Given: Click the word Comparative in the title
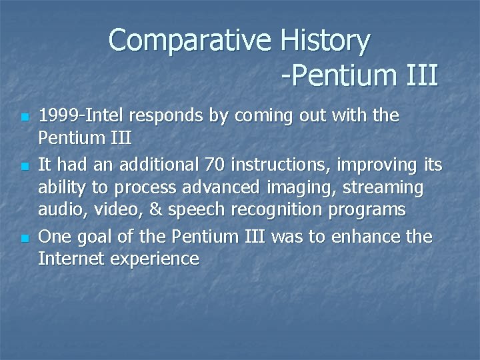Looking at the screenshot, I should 190,41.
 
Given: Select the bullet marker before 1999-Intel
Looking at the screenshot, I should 24,117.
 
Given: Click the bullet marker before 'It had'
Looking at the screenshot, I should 24,164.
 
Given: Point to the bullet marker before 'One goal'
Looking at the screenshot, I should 24,238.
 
